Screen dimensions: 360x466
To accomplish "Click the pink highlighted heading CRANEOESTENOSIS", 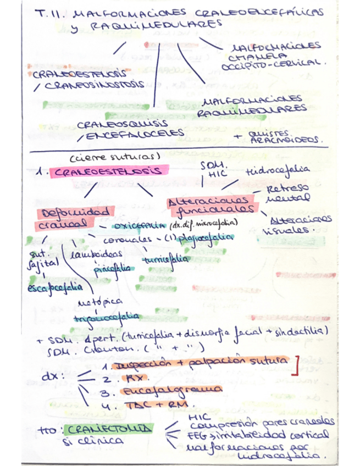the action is pos(107,171).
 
